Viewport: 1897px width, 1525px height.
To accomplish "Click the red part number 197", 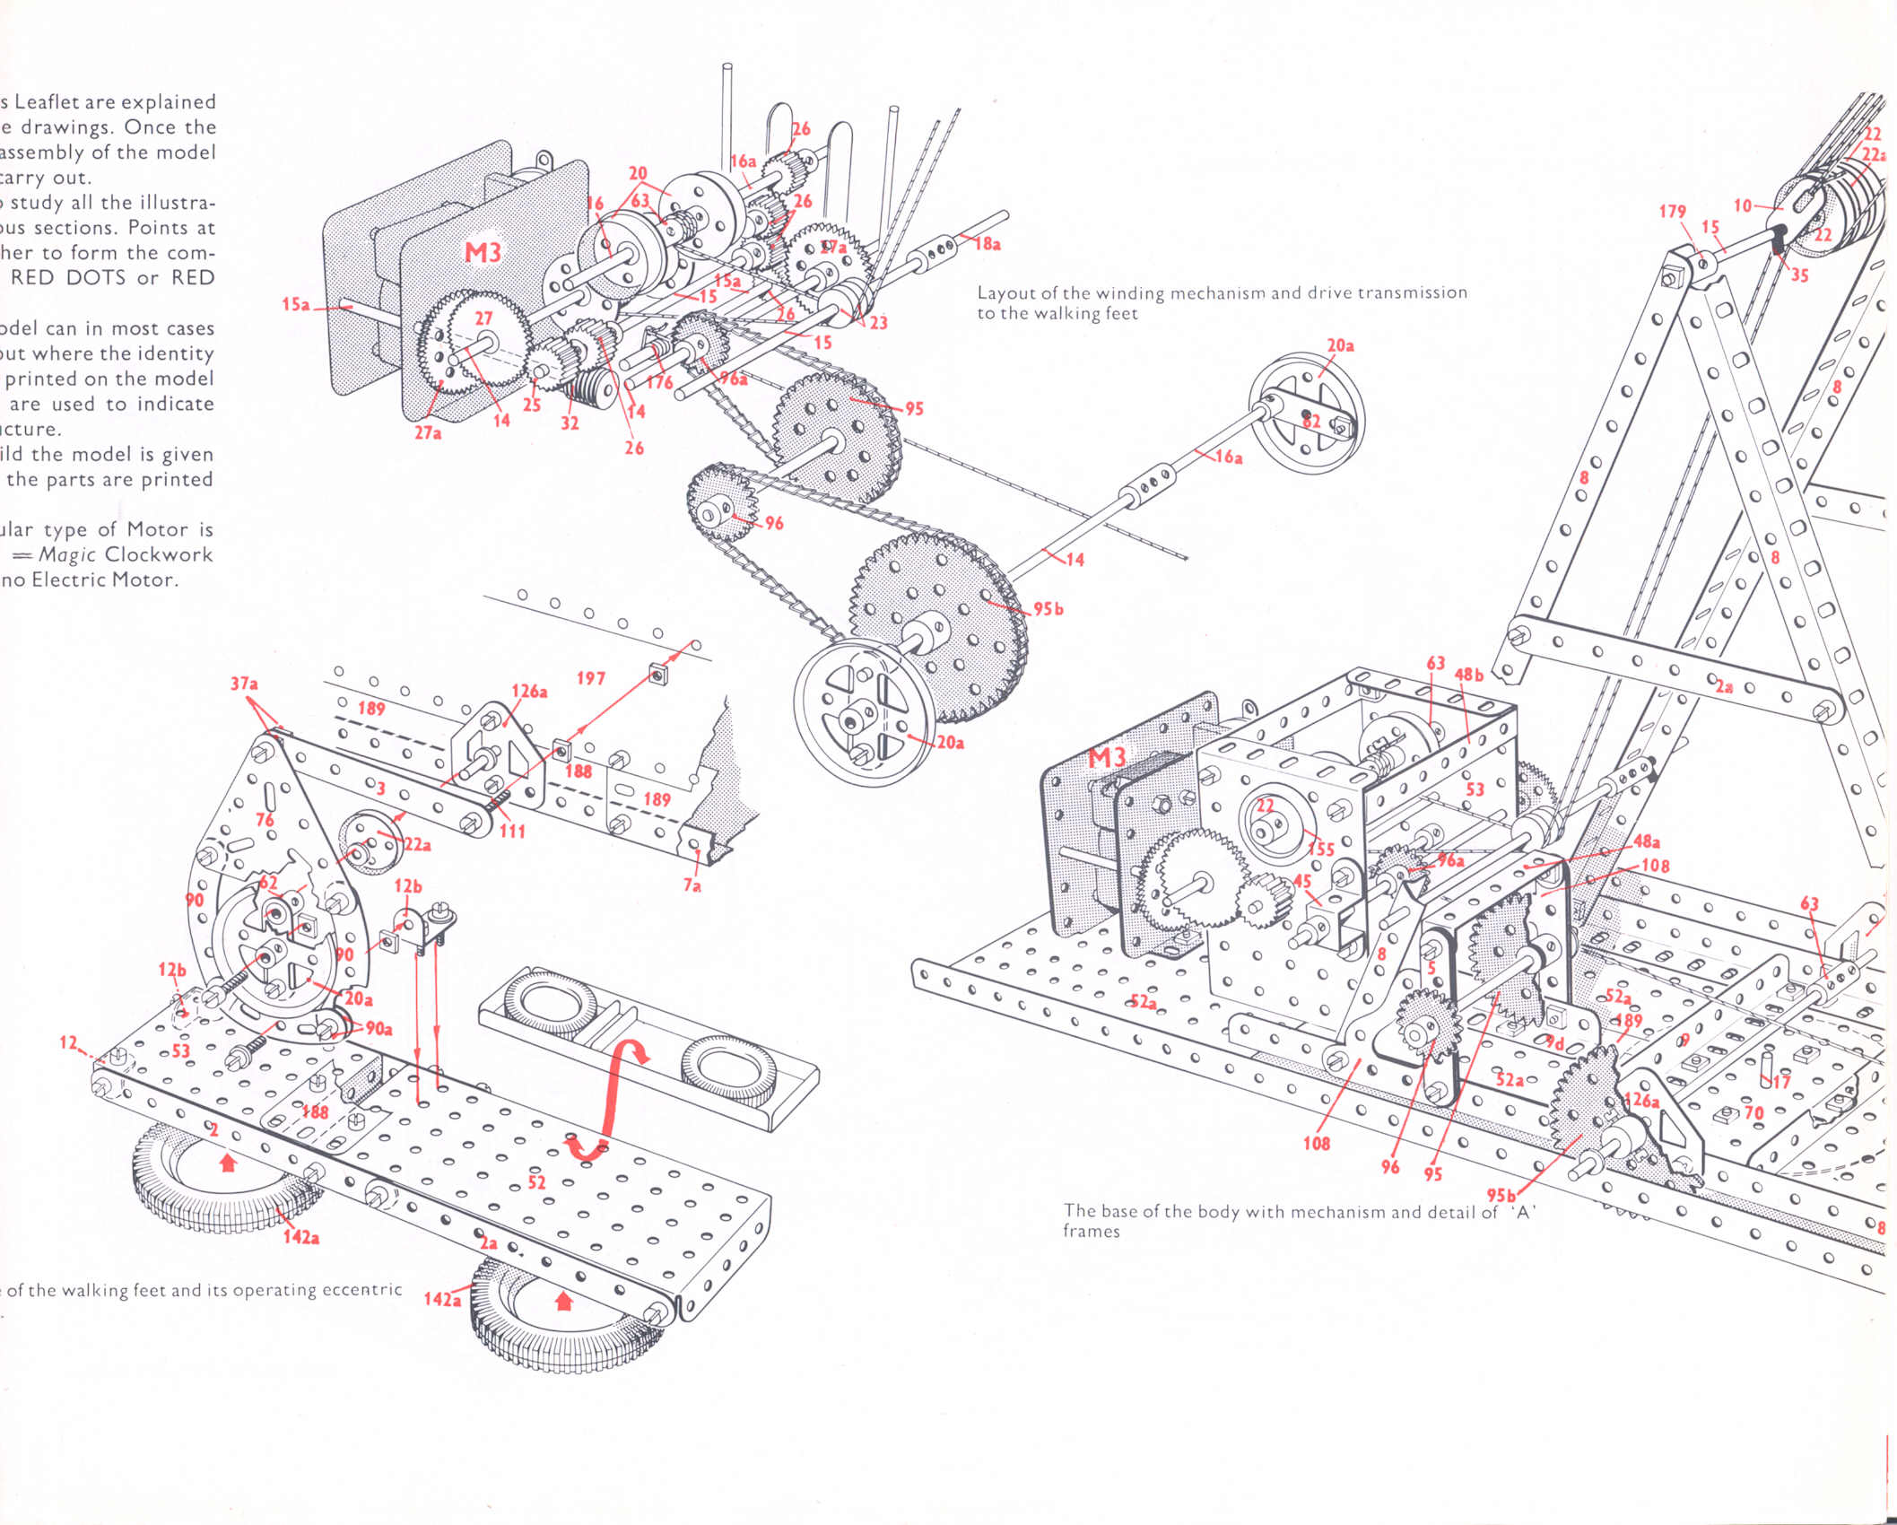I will (590, 678).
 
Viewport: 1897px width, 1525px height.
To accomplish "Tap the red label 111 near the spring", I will (512, 831).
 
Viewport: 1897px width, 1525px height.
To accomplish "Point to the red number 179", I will (1672, 212).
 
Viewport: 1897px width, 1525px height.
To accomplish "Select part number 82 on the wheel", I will (1311, 422).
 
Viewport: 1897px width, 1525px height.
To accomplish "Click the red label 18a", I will (988, 243).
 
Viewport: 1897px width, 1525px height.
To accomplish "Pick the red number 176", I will (659, 383).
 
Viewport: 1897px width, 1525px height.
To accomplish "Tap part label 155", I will (1320, 848).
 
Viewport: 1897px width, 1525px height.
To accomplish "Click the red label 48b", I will (1469, 675).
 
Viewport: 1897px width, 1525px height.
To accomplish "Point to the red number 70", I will (1753, 1113).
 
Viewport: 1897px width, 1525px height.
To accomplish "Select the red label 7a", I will (692, 885).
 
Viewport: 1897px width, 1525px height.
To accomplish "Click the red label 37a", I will (244, 684).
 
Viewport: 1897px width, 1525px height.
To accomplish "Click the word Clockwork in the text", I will (159, 554).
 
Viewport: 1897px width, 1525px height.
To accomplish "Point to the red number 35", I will (1799, 275).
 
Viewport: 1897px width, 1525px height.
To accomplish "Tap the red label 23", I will (878, 322).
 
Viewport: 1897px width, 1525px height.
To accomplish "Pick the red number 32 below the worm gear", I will (570, 423).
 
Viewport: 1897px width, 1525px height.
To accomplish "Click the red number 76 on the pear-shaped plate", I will (265, 819).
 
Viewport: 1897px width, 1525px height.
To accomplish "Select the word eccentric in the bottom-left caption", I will (361, 1290).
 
